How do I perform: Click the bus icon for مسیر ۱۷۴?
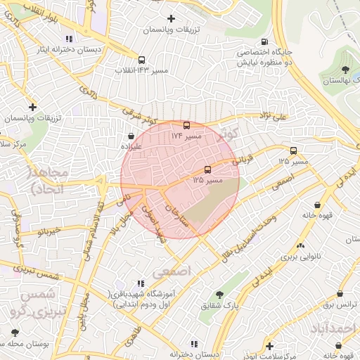click(186, 125)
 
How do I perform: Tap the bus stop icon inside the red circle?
click(207, 169)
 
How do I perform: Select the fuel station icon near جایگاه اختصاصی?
click(264, 41)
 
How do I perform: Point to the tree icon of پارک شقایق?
click(219, 295)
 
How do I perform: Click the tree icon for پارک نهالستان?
click(345, 70)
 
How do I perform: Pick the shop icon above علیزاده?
click(131, 136)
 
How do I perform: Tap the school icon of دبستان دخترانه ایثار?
click(68, 39)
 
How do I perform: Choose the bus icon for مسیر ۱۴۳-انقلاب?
click(142, 60)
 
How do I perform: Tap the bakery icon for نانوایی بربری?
click(301, 245)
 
